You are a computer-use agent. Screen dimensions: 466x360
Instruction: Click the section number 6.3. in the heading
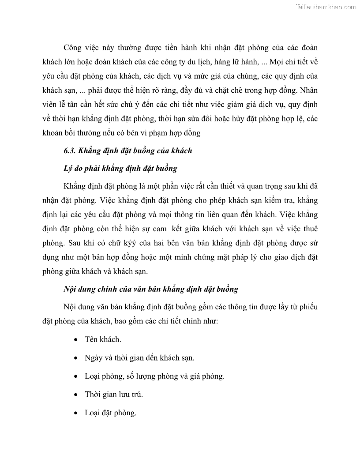(71, 150)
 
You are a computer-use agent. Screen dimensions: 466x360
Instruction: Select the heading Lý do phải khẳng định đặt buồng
(120, 168)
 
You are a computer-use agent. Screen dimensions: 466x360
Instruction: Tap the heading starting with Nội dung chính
(151, 289)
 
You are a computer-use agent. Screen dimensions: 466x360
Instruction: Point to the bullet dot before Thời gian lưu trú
(76, 395)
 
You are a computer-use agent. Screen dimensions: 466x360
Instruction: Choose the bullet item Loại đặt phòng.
(110, 413)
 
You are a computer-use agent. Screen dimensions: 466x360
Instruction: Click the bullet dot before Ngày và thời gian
(76, 358)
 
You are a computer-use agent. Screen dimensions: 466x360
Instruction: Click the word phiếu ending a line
(307, 307)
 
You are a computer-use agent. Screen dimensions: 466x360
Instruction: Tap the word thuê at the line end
(307, 229)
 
